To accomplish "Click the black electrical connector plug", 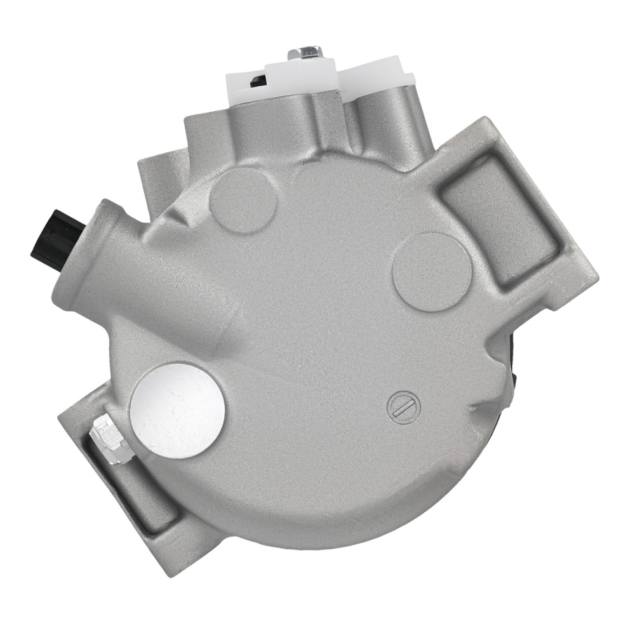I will [55, 240].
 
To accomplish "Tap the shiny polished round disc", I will [177, 410].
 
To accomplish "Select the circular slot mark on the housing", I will [404, 406].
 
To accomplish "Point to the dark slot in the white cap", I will [257, 81].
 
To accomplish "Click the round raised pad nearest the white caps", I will [244, 199].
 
